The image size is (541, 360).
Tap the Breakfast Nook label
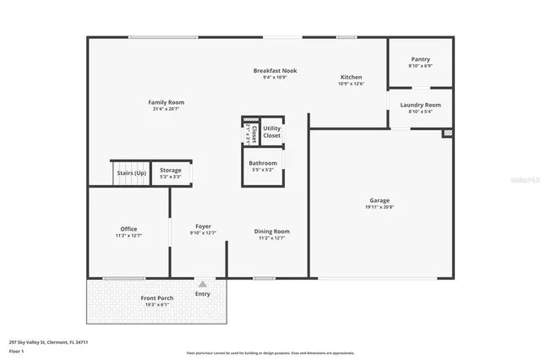[276, 70]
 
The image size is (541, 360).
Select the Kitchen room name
[351, 77]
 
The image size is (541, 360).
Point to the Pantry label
[420, 59]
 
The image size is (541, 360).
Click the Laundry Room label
[420, 105]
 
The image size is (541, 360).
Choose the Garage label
[379, 200]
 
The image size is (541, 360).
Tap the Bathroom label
[263, 163]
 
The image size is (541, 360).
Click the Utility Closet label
[272, 132]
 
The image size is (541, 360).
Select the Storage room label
[171, 171]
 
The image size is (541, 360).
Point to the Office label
[128, 229]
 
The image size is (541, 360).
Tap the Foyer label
[204, 226]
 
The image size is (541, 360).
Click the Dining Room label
[272, 231]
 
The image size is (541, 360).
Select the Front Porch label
[156, 298]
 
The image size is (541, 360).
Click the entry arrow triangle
[202, 285]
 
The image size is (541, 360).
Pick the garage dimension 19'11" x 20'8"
[379, 207]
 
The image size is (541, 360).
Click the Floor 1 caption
[15, 350]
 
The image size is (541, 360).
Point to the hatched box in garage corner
[448, 133]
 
